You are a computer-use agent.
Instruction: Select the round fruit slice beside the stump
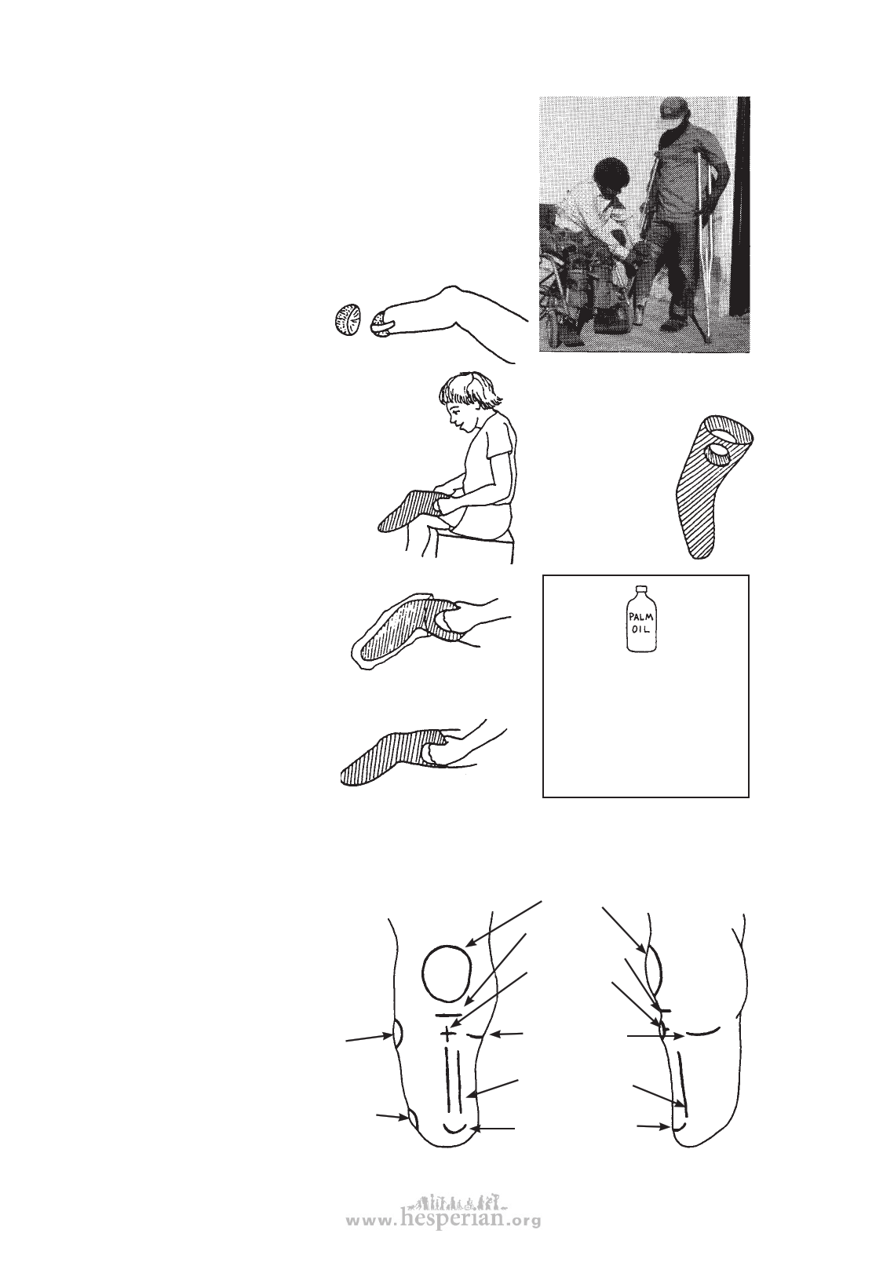click(345, 321)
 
